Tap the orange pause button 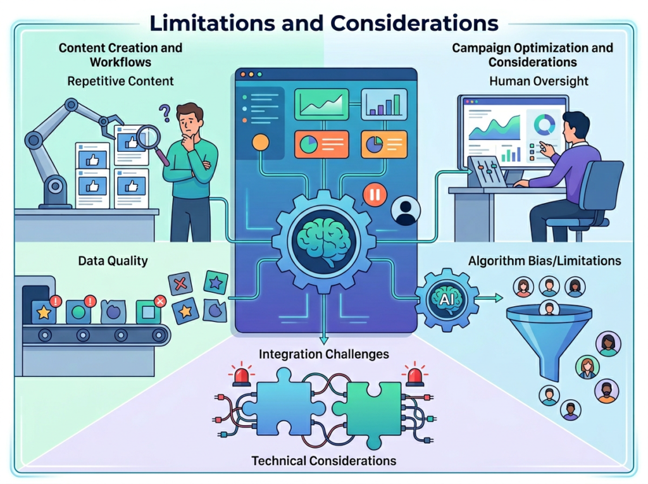(374, 195)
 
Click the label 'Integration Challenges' (324, 353)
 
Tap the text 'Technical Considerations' (324, 461)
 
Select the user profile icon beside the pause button (405, 211)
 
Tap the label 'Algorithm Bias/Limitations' (544, 261)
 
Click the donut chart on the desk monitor (543, 123)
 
